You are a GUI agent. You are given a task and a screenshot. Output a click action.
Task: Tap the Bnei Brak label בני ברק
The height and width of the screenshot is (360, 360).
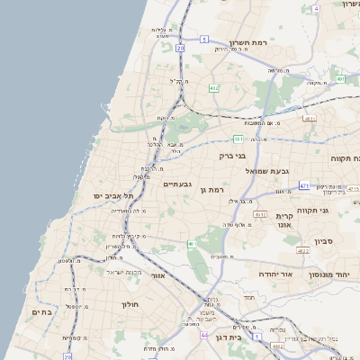pos(232,155)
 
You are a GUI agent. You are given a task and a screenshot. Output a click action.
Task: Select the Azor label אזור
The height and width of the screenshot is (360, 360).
pos(157,276)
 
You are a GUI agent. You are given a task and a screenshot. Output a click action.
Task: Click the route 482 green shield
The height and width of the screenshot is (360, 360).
pos(213,88)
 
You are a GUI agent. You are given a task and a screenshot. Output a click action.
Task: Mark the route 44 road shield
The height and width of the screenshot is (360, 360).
pos(204,336)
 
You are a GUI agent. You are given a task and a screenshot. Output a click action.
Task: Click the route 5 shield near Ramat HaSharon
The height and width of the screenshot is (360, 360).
pos(205,40)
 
